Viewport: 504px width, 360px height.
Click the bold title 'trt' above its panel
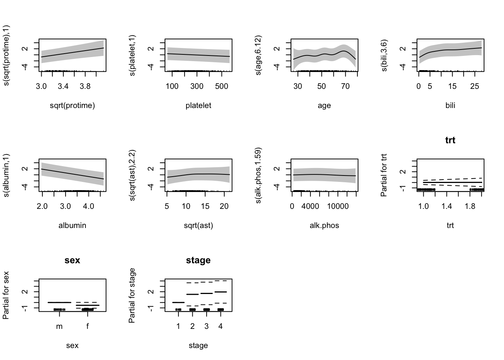(x=450, y=140)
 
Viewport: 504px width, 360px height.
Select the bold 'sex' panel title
(x=72, y=260)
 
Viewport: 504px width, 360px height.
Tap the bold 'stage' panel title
(x=198, y=260)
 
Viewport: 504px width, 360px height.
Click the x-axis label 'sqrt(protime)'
(x=72, y=105)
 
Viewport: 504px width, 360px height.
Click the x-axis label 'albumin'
(x=72, y=225)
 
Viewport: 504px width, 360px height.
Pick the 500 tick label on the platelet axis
(x=222, y=86)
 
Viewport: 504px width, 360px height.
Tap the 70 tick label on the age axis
(x=345, y=86)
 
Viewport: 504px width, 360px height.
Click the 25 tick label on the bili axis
(x=475, y=86)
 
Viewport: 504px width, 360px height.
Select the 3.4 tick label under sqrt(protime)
(x=63, y=86)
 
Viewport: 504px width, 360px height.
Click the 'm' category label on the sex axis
(x=59, y=326)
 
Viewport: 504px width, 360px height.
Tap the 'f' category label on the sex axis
(x=87, y=326)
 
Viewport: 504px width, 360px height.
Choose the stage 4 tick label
(x=220, y=326)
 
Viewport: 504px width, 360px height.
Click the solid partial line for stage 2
(x=192, y=294)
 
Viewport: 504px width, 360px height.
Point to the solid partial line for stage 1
(x=178, y=302)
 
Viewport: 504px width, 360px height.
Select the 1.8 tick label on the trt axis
(x=469, y=206)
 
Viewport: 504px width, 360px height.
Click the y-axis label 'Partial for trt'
(x=384, y=175)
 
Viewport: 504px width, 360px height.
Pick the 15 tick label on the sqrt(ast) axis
(x=205, y=206)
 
